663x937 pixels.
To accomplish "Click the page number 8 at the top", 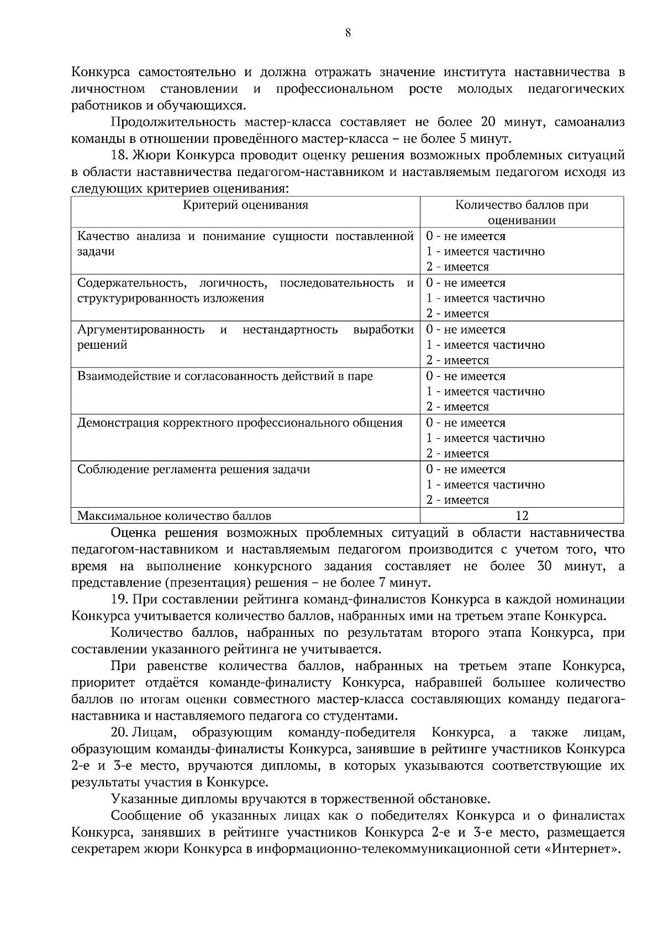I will (348, 33).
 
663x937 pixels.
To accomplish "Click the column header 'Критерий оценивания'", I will (245, 205).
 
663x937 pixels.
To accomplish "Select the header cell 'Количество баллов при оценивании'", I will (522, 212).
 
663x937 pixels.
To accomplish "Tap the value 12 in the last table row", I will (522, 516).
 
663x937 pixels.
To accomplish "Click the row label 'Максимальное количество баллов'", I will (174, 517).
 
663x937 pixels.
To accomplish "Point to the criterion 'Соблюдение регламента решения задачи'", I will (193, 470).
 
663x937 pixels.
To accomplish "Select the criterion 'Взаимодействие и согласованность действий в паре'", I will (225, 376).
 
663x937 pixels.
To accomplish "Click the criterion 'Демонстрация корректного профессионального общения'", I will (240, 423).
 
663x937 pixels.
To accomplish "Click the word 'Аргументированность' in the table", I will (141, 330).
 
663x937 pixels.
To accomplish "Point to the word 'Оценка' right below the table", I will (134, 533).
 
